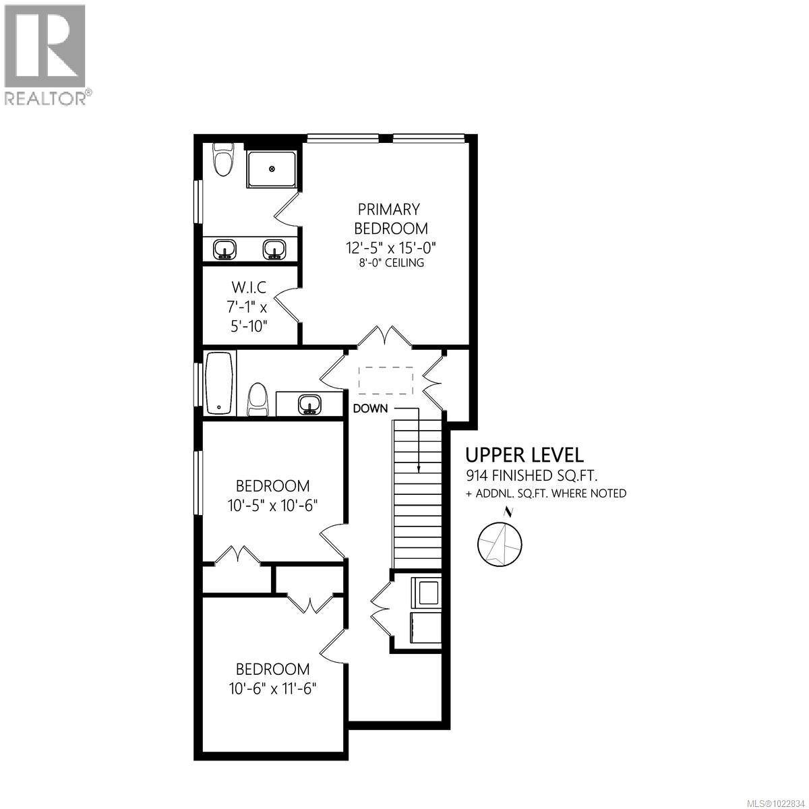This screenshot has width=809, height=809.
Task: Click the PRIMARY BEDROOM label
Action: pos(388,218)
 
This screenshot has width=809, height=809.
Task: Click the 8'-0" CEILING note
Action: pos(391,263)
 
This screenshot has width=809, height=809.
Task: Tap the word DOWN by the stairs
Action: pos(371,408)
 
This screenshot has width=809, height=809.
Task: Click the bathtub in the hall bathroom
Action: pos(219,384)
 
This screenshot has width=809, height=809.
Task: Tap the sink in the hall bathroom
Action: pos(309,404)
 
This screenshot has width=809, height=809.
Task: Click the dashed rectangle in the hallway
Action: pos(385,380)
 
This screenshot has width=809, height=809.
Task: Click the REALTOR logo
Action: pos(45,54)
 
